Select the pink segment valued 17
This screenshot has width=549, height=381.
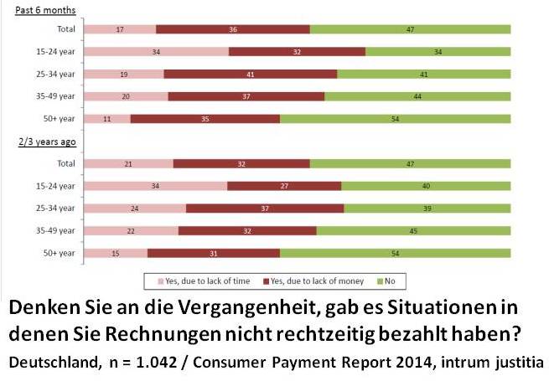click(120, 29)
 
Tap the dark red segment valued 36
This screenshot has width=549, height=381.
click(232, 29)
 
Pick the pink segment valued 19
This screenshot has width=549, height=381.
click(124, 74)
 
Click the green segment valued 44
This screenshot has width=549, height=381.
click(417, 96)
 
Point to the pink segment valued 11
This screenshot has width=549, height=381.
click(107, 119)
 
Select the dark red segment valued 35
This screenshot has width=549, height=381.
click(205, 119)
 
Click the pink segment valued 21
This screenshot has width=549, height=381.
click(128, 163)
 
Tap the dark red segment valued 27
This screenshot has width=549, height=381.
click(284, 186)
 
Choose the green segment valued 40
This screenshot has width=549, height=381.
click(426, 186)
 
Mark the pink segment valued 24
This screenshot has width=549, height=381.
click(135, 208)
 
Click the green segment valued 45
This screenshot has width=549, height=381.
click(413, 230)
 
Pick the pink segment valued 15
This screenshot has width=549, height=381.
click(116, 253)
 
